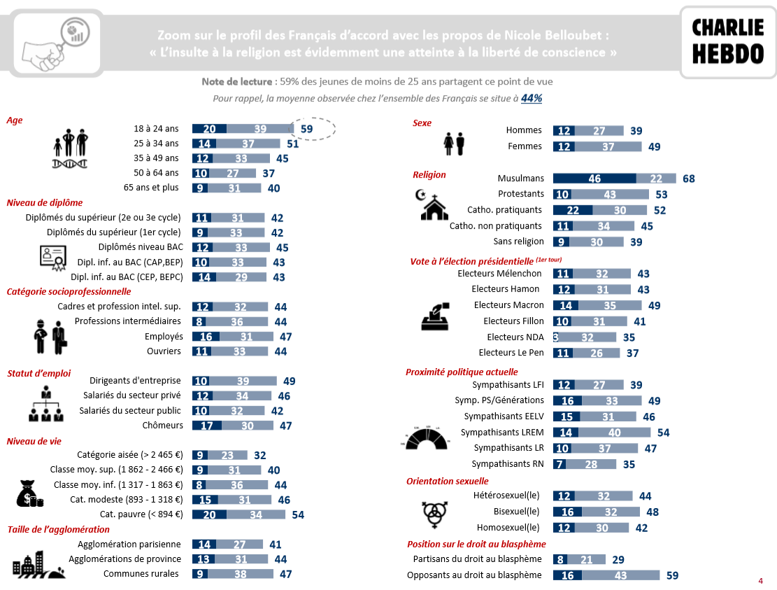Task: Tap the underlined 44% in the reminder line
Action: point(532,99)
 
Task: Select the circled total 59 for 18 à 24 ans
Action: point(307,129)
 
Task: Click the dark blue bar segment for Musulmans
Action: point(594,178)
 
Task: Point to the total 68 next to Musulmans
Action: point(689,178)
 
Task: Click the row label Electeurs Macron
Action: point(508,305)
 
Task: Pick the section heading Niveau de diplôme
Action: point(44,203)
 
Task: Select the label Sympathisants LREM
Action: point(502,433)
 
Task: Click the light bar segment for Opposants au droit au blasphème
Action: point(621,575)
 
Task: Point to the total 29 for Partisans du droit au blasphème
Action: point(618,559)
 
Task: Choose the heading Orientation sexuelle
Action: point(448,482)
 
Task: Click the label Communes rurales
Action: point(141,574)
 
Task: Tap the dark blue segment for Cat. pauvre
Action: point(209,514)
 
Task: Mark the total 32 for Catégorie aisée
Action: point(260,455)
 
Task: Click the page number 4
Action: point(760,581)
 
